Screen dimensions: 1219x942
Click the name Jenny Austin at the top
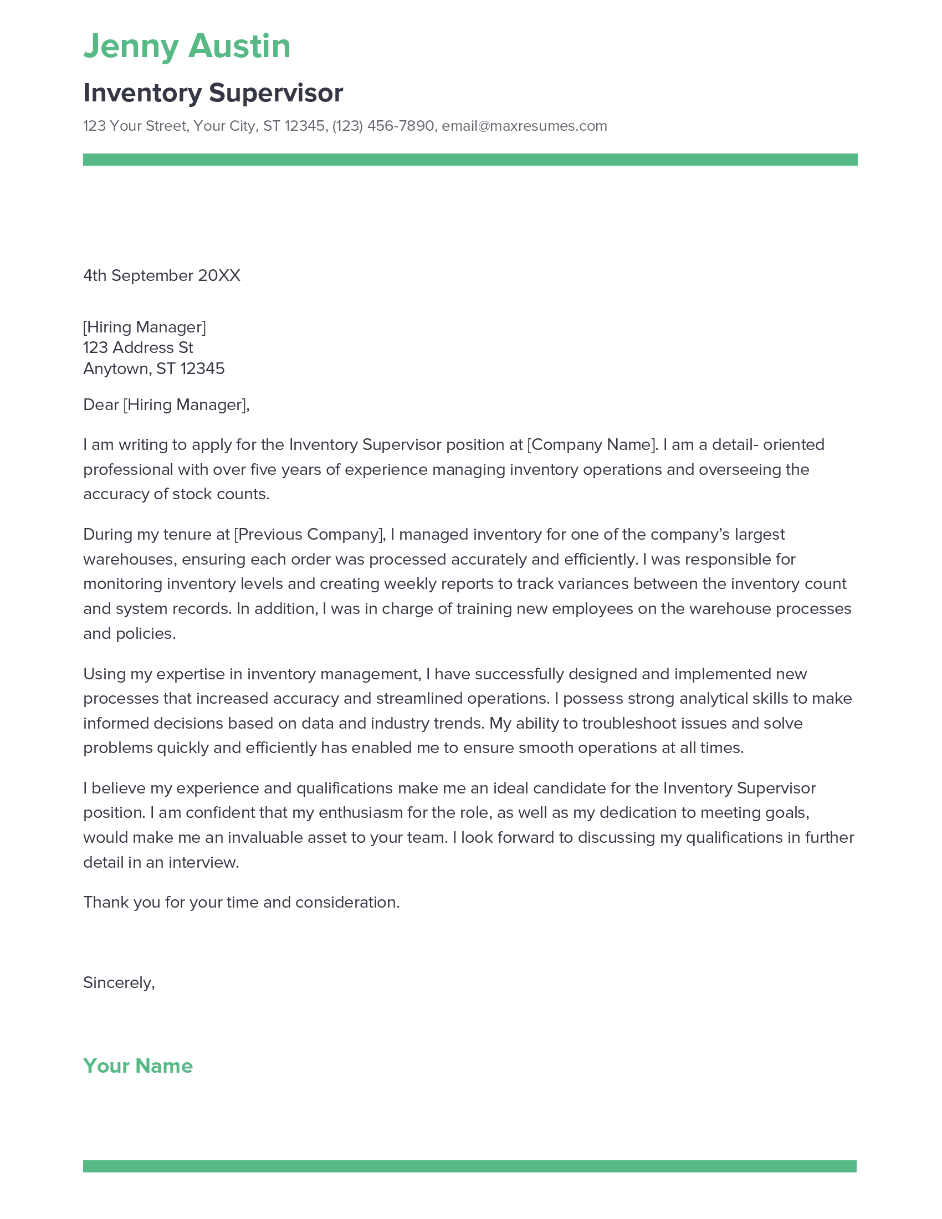pyautogui.click(x=187, y=46)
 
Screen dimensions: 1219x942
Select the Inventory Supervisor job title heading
pyautogui.click(x=213, y=93)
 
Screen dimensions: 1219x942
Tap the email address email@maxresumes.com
pyautogui.click(x=524, y=126)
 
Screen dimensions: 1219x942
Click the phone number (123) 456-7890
pyautogui.click(x=383, y=126)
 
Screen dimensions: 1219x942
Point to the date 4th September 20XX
pyautogui.click(x=161, y=276)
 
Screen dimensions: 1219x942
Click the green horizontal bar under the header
pyautogui.click(x=470, y=160)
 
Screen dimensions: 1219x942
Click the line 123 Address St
pyautogui.click(x=138, y=348)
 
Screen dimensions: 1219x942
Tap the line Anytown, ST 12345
pyautogui.click(x=153, y=368)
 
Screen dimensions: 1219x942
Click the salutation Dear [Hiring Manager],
pyautogui.click(x=166, y=404)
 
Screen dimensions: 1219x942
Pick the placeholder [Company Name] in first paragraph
pyautogui.click(x=592, y=445)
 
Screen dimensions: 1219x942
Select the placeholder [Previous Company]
pyautogui.click(x=310, y=535)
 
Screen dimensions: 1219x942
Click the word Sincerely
pyautogui.click(x=119, y=982)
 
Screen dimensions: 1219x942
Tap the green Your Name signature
pyautogui.click(x=138, y=1066)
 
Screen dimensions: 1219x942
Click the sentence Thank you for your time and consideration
pyautogui.click(x=241, y=903)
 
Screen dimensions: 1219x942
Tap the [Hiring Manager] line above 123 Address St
pyautogui.click(x=145, y=327)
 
